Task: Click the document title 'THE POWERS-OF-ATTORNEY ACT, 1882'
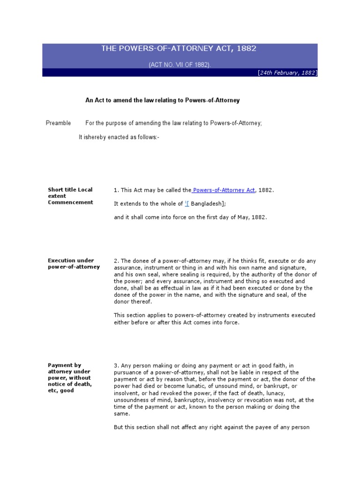(x=179, y=49)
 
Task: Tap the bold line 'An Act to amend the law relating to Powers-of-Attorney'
(x=162, y=100)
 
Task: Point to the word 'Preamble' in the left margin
(x=59, y=123)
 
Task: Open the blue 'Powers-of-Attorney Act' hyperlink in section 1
(x=224, y=190)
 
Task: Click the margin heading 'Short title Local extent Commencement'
(x=70, y=196)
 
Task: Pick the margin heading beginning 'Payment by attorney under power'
(x=70, y=378)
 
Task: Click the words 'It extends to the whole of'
(x=148, y=204)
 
